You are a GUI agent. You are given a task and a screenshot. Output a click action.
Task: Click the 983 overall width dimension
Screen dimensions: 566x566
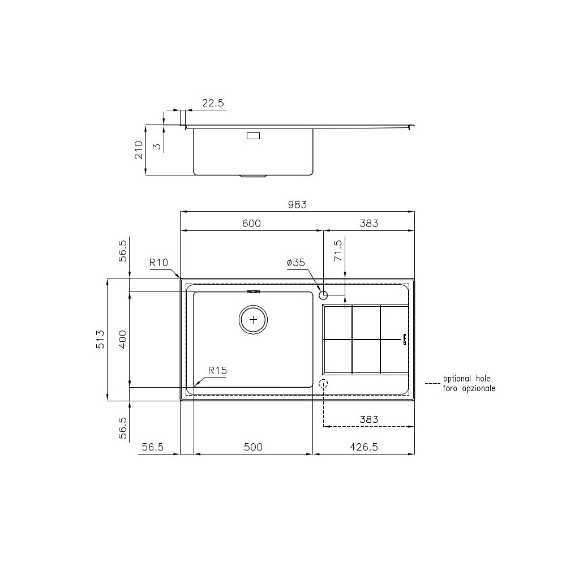(297, 205)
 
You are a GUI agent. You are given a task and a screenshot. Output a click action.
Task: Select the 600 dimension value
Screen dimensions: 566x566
(251, 224)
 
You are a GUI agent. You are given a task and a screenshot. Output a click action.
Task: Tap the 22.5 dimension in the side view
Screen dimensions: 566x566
(213, 103)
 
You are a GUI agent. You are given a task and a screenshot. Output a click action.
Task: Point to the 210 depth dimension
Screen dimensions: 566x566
(139, 150)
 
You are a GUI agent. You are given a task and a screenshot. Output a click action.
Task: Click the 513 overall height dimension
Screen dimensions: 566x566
(100, 339)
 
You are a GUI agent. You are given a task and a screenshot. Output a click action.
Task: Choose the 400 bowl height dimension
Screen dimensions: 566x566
(122, 339)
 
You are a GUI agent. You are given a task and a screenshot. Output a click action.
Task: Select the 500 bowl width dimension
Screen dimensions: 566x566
(253, 447)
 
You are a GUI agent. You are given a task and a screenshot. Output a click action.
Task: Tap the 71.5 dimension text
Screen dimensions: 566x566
(338, 250)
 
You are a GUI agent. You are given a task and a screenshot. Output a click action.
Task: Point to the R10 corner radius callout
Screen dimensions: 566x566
(159, 263)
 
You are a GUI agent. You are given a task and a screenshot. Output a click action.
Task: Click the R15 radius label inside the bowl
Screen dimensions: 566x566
(217, 371)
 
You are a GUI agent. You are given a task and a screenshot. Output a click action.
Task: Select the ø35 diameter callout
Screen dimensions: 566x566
(296, 263)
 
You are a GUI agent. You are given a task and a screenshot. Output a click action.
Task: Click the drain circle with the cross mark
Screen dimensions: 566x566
(253, 320)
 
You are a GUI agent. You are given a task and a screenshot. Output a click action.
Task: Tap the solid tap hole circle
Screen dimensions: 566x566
(323, 295)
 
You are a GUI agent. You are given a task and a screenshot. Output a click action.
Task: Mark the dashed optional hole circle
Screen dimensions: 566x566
(323, 384)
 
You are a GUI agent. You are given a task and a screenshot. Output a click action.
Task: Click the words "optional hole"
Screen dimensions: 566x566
(467, 379)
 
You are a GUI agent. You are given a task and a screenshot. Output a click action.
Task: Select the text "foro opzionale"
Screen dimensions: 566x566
(469, 388)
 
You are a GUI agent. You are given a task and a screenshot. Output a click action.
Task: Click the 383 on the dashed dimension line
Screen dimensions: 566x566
(368, 419)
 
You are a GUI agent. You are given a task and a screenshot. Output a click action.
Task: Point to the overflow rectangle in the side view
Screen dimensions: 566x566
(253, 136)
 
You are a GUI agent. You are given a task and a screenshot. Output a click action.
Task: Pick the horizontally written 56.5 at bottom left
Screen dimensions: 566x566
(152, 447)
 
